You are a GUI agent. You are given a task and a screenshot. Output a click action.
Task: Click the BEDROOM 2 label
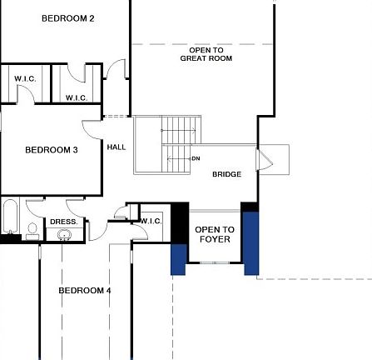coord(68,18)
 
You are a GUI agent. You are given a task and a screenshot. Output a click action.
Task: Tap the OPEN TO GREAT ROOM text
coord(206,54)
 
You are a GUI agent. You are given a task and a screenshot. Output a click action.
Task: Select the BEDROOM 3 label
coord(52,150)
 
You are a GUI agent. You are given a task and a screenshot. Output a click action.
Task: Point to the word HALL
coord(117,147)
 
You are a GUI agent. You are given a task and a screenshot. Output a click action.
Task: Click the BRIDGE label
coord(226,174)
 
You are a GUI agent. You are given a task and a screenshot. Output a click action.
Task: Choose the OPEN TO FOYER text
coord(214,234)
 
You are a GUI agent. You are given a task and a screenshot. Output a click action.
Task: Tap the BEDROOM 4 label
coord(84,290)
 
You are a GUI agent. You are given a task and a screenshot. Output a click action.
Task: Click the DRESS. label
coord(63,222)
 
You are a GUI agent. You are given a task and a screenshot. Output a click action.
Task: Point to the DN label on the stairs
coord(196,158)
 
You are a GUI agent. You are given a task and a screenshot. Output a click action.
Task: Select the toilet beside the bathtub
coord(32,227)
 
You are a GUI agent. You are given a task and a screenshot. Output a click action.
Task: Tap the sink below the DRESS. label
coord(64,234)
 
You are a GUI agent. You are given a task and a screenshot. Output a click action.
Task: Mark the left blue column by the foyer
coord(178,257)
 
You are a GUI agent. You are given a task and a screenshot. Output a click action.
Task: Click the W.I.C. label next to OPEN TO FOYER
coord(151,221)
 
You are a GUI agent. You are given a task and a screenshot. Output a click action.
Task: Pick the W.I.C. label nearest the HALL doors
coord(77,97)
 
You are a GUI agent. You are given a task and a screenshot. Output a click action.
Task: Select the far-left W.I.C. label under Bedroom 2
coord(24,78)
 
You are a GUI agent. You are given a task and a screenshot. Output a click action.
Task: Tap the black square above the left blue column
coord(179,223)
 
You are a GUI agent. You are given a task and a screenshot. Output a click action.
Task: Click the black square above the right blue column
coord(250,206)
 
